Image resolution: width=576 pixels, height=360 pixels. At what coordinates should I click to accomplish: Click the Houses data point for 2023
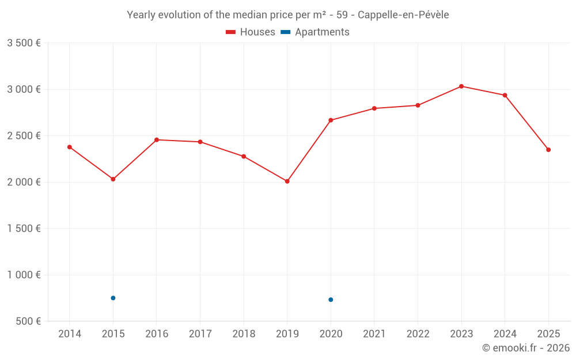click(461, 86)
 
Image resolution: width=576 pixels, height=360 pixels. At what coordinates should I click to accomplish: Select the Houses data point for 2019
click(287, 181)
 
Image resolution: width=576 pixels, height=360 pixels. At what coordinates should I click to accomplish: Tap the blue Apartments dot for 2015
click(113, 298)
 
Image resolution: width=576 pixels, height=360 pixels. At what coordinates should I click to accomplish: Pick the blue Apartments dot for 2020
click(331, 300)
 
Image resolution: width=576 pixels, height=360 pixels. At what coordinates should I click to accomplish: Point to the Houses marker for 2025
click(548, 150)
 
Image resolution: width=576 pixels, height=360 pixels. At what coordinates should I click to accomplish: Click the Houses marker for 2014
click(70, 147)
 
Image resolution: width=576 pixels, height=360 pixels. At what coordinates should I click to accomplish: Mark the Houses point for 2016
click(157, 140)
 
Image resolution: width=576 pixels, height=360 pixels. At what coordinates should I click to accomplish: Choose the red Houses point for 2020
click(331, 120)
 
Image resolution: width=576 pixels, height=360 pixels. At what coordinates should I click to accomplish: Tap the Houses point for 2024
click(505, 95)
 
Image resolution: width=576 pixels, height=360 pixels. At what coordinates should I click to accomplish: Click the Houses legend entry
click(251, 32)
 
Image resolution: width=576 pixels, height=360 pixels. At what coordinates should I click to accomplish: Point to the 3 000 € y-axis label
click(24, 89)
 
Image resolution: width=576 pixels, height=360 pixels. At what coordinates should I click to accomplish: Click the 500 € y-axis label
click(28, 321)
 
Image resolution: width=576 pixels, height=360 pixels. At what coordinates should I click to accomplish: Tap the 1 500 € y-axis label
click(24, 229)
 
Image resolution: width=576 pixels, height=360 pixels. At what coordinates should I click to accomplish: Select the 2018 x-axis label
click(244, 334)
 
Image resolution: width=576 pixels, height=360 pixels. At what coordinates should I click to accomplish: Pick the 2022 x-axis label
click(418, 334)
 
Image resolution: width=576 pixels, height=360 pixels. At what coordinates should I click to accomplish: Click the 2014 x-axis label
click(70, 334)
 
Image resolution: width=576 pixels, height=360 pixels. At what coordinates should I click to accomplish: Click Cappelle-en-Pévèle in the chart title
click(403, 15)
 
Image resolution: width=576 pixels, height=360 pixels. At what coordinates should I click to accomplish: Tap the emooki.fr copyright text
click(525, 348)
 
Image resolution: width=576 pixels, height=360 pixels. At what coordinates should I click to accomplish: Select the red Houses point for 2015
click(113, 179)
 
